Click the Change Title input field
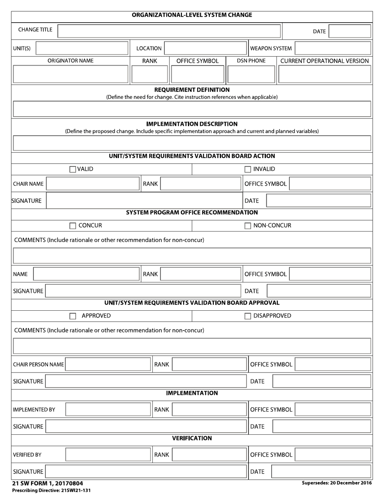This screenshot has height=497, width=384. (169, 31)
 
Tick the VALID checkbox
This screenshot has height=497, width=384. (73, 169)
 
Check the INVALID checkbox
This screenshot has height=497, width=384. (248, 169)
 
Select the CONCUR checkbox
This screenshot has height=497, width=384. (73, 226)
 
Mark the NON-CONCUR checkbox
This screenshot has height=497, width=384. (248, 226)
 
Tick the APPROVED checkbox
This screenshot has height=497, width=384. (73, 316)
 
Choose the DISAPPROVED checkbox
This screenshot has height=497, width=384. (248, 316)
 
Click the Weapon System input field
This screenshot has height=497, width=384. (333, 48)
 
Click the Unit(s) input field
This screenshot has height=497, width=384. (82, 48)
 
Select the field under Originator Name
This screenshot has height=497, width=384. (71, 74)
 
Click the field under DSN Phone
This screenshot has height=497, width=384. (251, 74)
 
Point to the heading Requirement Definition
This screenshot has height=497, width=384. (192, 90)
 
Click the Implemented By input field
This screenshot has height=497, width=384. (108, 409)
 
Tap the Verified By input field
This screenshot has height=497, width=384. (108, 455)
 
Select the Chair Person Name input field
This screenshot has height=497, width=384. (108, 364)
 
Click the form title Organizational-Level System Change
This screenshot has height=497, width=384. (192, 15)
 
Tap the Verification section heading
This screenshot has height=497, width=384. (192, 438)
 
